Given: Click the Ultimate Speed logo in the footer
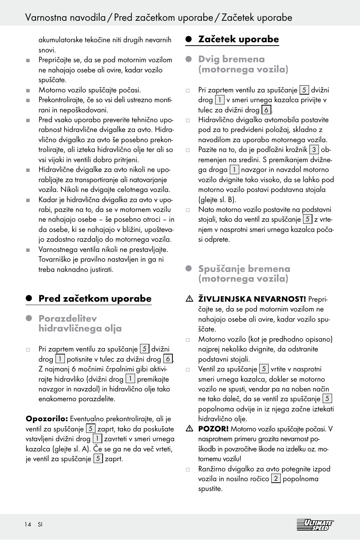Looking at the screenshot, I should click(x=315, y=525).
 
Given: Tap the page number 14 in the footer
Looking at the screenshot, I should click(x=28, y=525).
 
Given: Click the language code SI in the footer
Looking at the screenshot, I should click(x=40, y=525).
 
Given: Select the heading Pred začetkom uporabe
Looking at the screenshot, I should click(x=95, y=299).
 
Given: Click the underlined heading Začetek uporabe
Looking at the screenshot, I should click(x=238, y=39).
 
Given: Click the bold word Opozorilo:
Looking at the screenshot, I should click(x=47, y=419).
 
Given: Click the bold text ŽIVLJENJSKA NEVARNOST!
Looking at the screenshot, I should click(x=252, y=299).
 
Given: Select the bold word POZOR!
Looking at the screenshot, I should click(x=213, y=429).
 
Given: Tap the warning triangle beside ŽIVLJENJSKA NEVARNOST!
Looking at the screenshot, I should click(x=189, y=299).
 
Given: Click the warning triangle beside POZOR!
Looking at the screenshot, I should click(x=189, y=428).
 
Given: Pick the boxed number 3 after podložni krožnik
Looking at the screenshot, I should click(x=314, y=150).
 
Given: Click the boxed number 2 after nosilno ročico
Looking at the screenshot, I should click(x=276, y=479).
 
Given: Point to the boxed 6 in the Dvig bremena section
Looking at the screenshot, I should click(x=266, y=110).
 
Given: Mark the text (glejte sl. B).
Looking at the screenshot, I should click(x=217, y=199).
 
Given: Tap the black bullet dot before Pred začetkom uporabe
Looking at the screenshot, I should click(x=29, y=299).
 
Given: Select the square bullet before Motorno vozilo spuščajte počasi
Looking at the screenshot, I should click(x=28, y=91).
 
